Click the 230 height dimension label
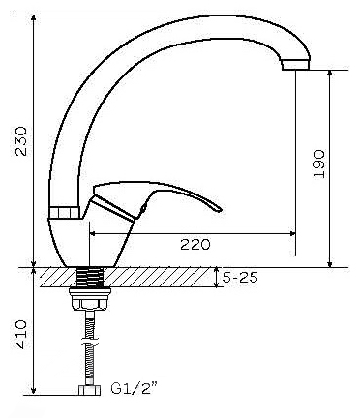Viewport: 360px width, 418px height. click(x=21, y=141)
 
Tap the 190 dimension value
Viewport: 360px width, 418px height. click(x=319, y=164)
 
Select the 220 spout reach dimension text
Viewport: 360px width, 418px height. click(x=195, y=244)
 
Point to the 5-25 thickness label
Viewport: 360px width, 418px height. click(x=241, y=277)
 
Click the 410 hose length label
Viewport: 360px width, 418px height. click(x=21, y=334)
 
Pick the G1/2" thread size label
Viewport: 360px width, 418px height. click(x=135, y=388)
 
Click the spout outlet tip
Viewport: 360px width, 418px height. click(x=295, y=66)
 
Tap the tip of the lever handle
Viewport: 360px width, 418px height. click(x=220, y=210)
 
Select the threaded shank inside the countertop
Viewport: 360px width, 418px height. click(x=90, y=277)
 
